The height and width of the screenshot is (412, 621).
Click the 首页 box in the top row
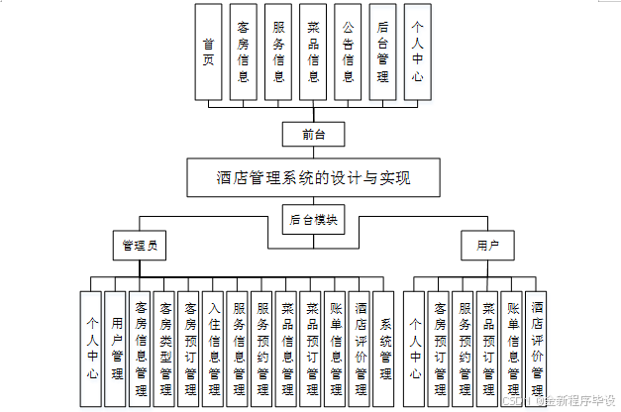coord(208,51)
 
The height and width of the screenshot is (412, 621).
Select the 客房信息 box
coord(244,51)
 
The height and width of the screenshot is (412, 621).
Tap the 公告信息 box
coord(349,51)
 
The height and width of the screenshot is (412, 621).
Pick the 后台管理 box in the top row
coord(382,51)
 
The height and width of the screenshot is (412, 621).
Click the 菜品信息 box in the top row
coord(314,51)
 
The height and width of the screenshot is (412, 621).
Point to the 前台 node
coord(313,133)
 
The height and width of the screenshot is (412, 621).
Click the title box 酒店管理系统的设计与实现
coord(313,178)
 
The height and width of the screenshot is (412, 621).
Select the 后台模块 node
coord(313,220)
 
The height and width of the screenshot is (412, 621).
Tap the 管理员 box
coord(140,244)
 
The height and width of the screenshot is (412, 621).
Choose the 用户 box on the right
coord(487,244)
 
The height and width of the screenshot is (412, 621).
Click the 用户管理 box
coord(116,348)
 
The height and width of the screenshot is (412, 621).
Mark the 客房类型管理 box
coord(165,348)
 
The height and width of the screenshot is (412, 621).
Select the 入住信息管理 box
coord(214,348)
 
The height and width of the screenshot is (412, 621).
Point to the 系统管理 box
coord(384,348)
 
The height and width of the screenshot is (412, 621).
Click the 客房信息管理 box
coord(141,348)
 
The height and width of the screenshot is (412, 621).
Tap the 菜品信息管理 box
coord(287,348)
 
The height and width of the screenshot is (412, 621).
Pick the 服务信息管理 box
coord(239,348)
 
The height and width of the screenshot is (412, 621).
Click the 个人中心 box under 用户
coord(416,348)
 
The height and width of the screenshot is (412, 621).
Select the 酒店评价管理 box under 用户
coord(537,348)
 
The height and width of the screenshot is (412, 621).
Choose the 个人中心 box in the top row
coord(418,51)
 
